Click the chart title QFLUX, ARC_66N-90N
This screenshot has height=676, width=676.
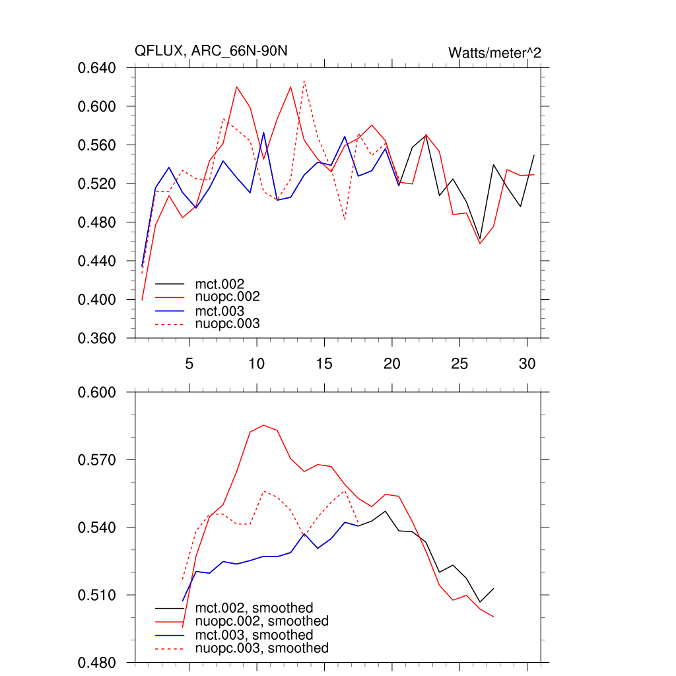click(x=211, y=51)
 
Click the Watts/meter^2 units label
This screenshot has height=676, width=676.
click(x=494, y=52)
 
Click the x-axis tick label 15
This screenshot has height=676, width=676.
click(x=324, y=364)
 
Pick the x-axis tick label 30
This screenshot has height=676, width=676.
click(x=527, y=364)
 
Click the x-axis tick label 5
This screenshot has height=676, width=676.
click(x=189, y=364)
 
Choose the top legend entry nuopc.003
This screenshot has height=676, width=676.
click(x=228, y=324)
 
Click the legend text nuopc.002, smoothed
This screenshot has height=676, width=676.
click(x=262, y=621)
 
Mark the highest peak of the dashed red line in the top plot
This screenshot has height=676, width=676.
click(x=304, y=81)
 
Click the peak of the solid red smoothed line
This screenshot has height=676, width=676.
click(x=263, y=425)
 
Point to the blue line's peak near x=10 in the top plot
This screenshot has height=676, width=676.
click(x=263, y=133)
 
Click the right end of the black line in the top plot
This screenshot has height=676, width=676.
click(x=533, y=155)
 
